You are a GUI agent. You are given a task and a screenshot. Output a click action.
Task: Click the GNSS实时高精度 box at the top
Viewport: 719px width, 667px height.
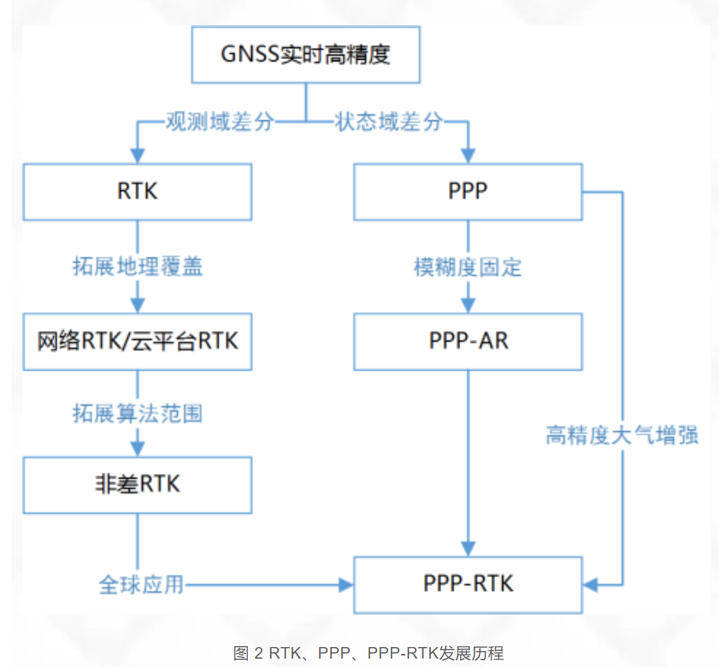[306, 54]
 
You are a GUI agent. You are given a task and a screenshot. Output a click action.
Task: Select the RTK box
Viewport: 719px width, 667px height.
[137, 192]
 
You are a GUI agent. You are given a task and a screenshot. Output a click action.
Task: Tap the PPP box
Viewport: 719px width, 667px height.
[467, 192]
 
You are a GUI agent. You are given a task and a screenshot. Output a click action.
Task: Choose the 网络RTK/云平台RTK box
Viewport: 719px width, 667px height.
[137, 342]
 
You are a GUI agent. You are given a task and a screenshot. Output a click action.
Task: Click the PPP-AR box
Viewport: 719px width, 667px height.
[467, 342]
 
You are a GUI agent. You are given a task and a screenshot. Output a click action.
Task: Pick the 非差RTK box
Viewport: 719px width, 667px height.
[137, 485]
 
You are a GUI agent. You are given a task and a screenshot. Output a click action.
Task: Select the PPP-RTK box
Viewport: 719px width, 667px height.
[467, 585]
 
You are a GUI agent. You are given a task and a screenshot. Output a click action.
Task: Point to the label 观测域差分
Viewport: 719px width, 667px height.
[220, 122]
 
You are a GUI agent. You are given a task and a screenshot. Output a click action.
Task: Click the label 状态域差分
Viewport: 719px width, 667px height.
[388, 122]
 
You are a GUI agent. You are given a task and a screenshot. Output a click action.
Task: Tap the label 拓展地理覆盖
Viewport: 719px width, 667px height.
[137, 266]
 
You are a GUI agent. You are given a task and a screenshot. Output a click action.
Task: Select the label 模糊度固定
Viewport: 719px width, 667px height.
[467, 267]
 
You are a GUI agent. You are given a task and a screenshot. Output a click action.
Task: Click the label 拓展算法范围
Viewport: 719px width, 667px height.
[137, 413]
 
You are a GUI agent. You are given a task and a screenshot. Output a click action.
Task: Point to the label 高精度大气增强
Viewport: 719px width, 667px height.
[622, 435]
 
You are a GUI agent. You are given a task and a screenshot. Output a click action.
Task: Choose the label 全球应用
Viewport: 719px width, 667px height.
[141, 585]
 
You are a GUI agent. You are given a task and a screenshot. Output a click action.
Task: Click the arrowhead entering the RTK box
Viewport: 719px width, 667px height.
[137, 156]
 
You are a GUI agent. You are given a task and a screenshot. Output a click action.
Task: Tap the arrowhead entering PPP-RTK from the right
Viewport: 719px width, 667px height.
[591, 585]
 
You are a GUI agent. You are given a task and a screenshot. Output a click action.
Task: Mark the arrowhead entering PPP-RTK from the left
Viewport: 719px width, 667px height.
[346, 585]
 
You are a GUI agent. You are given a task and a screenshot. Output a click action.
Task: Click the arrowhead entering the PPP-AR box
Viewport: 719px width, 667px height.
[468, 305]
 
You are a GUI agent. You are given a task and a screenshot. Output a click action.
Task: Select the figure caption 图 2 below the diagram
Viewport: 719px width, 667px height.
[368, 653]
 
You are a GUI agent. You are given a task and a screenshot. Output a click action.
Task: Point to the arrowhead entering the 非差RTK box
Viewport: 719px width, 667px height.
[137, 449]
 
